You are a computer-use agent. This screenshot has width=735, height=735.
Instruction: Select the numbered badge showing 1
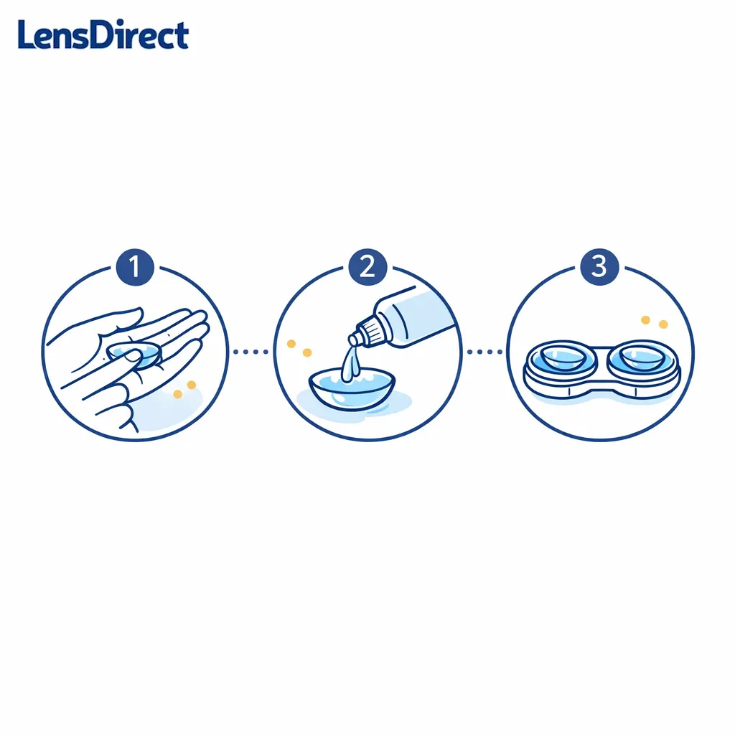click(x=135, y=267)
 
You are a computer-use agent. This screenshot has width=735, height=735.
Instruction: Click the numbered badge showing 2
click(x=367, y=267)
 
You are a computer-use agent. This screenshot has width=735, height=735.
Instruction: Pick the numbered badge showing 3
click(x=599, y=267)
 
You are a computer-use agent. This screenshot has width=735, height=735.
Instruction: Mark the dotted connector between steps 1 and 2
click(x=251, y=352)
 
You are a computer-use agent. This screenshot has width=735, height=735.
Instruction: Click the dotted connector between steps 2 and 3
click(x=484, y=352)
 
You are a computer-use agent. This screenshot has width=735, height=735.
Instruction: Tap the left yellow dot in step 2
click(x=291, y=345)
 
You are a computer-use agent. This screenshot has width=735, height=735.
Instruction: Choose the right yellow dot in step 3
click(x=663, y=324)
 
